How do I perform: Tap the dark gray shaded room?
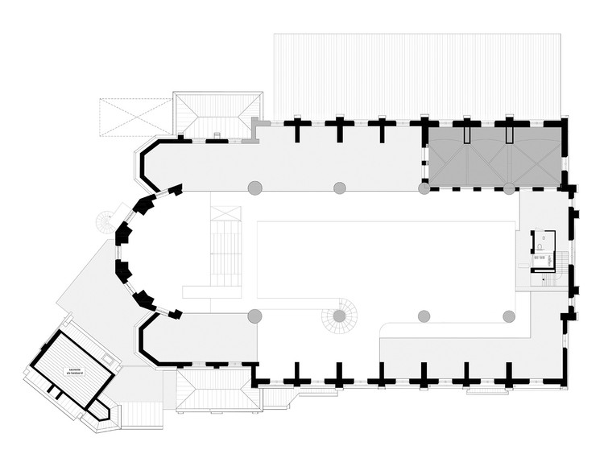point(493,157)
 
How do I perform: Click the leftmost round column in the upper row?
point(254,188)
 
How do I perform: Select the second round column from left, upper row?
point(340,188)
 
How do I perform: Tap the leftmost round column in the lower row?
point(254,315)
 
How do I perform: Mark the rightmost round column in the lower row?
point(509,315)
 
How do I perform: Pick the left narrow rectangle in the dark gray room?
point(465,134)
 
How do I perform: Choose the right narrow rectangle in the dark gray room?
point(509,134)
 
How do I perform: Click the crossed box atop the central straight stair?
point(226,215)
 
